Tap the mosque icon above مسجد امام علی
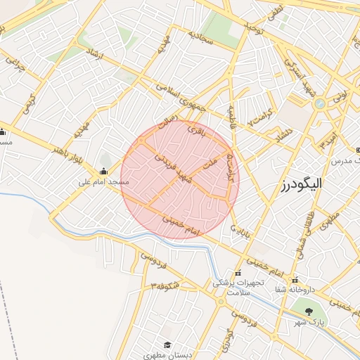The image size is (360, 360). [104, 171]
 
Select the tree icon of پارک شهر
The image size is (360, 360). [307, 310]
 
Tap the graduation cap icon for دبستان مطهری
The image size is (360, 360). [167, 344]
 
